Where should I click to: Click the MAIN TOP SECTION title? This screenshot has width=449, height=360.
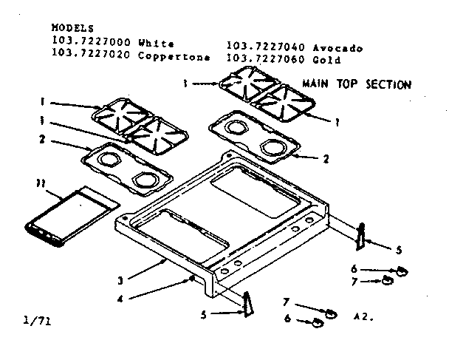pyautogui.click(x=357, y=84)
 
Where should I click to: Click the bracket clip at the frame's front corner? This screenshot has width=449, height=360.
pyautogui.click(x=247, y=302)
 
